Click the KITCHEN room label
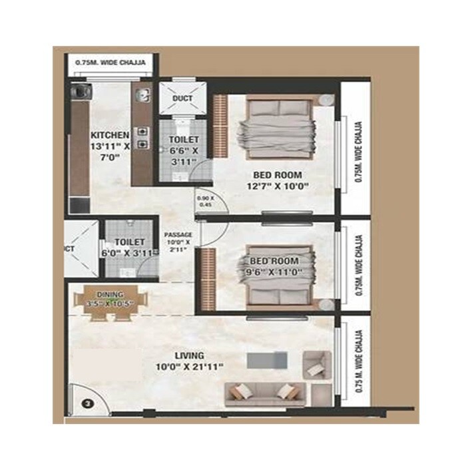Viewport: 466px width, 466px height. coord(110,136)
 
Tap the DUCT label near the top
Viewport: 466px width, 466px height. coord(182,99)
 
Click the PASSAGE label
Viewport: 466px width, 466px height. coord(178,235)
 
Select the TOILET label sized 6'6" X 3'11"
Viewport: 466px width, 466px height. coord(183,140)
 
